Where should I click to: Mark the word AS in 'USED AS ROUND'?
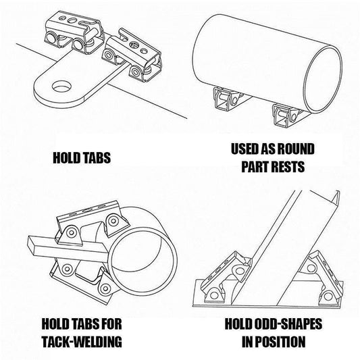272,149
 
